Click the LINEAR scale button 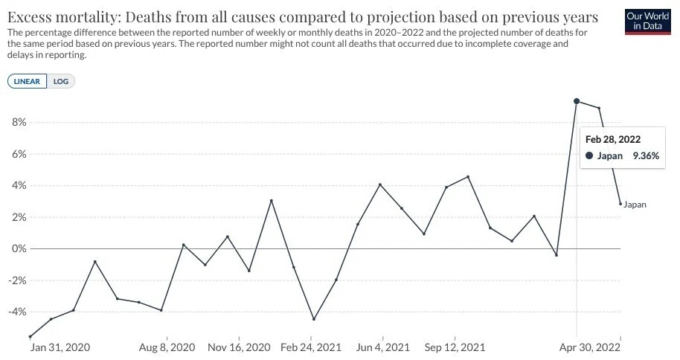(27, 82)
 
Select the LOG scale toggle (61, 82)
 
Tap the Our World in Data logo (647, 22)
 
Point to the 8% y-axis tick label (19, 122)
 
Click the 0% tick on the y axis (19, 249)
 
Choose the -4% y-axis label (17, 312)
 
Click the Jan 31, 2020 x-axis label (60, 347)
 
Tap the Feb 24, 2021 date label (311, 347)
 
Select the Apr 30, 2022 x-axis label (590, 347)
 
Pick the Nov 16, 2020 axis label (239, 347)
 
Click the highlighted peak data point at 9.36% (577, 101)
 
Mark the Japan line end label (635, 205)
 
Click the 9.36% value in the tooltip (647, 155)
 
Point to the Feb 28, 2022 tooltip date (613, 139)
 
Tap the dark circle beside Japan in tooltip (589, 155)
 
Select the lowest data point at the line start (30, 337)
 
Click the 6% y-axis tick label (19, 154)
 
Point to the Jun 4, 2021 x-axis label (383, 347)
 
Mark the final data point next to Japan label (620, 204)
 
